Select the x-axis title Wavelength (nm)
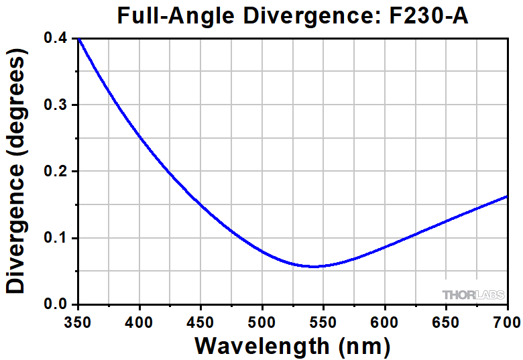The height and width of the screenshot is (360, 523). point(292,345)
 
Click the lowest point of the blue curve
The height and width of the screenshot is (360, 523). point(312,266)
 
